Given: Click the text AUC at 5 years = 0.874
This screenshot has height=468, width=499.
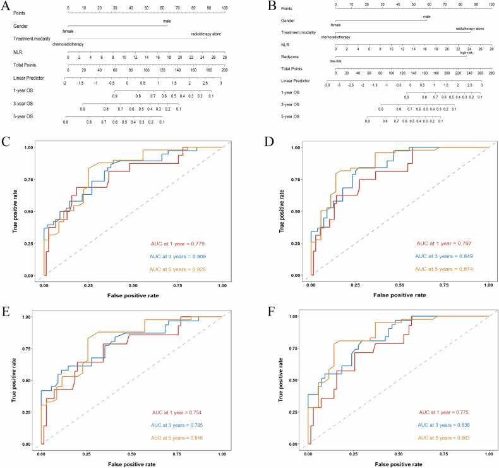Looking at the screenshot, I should (442, 270).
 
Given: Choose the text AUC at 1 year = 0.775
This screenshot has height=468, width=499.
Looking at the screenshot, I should (442, 412).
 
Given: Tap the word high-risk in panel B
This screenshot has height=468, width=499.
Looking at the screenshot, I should (467, 53).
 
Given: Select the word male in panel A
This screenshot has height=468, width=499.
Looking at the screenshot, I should (166, 22).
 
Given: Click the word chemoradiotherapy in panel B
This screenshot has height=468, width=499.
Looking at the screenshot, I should (335, 37).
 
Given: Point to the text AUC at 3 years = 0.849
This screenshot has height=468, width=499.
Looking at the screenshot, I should (442, 257).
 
